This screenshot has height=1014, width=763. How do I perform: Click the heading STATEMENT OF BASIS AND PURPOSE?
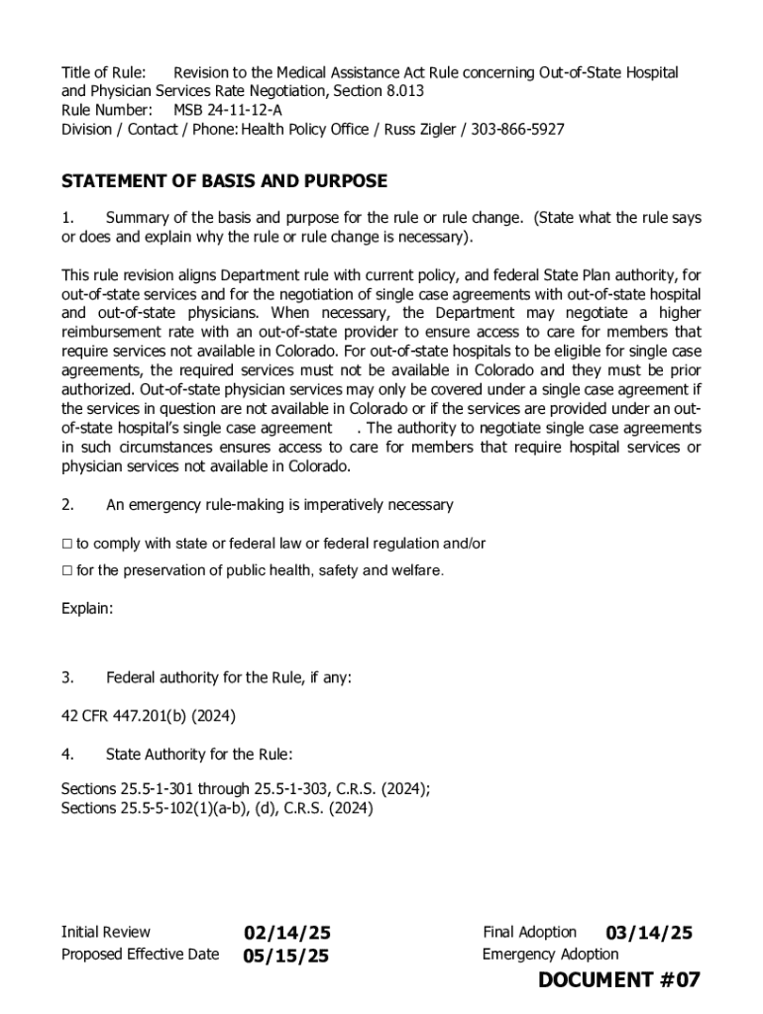tap(224, 181)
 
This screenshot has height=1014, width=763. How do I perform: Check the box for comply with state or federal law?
tap(67, 544)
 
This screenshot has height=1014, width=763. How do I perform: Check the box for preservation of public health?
tap(67, 570)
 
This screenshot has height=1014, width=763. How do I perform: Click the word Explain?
tap(87, 609)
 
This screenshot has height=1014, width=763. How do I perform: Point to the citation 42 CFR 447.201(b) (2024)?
tap(148, 716)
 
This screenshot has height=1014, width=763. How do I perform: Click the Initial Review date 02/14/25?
tap(287, 933)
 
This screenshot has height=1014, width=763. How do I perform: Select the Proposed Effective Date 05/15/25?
tap(286, 956)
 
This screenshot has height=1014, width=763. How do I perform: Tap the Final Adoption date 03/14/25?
tap(649, 933)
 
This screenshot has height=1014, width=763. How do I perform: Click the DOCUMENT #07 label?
tap(619, 980)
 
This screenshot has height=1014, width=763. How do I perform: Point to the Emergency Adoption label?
tap(550, 955)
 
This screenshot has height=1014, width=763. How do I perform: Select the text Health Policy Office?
tap(300, 129)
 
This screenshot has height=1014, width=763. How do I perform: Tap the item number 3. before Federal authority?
tap(67, 677)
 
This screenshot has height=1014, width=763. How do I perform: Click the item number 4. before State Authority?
tap(67, 754)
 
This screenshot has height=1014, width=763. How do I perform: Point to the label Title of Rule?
tap(103, 72)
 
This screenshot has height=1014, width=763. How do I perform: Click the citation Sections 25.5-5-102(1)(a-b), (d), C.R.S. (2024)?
tap(217, 808)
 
